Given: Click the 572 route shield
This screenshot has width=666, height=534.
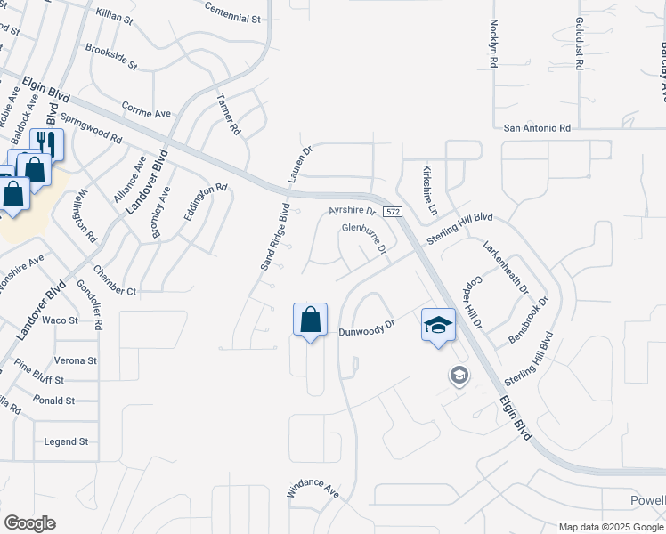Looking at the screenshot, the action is point(393,212).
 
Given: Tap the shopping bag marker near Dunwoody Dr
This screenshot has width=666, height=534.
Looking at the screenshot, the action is point(310,320).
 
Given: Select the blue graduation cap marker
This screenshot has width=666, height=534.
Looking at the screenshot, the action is point(438,325).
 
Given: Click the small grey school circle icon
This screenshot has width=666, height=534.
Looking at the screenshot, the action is point(459,376).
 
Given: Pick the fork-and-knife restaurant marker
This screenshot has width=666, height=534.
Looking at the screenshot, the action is point(46,143).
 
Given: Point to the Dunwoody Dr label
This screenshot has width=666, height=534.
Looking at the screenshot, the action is point(366,330).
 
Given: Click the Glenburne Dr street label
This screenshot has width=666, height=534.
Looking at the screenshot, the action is point(363,239).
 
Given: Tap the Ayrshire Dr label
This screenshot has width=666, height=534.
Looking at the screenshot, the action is point(353,211).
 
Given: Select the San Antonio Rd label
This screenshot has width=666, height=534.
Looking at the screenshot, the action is point(537,128).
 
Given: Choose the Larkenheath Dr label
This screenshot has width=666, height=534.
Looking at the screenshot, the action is point(506,266).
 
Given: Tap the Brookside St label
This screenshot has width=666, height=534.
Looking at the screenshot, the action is point(110,56).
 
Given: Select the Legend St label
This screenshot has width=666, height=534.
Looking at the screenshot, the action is point(67,441).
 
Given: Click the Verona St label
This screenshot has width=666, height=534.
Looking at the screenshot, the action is point(75,360).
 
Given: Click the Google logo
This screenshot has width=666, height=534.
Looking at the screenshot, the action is point(29,523).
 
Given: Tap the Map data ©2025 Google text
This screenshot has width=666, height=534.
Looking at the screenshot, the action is point(612,527).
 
